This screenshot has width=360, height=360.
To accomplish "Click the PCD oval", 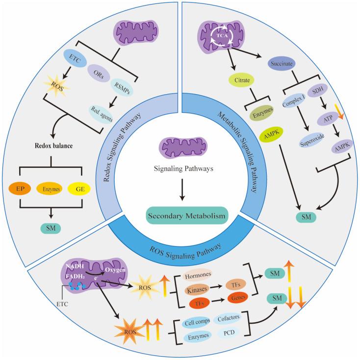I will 229,335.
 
